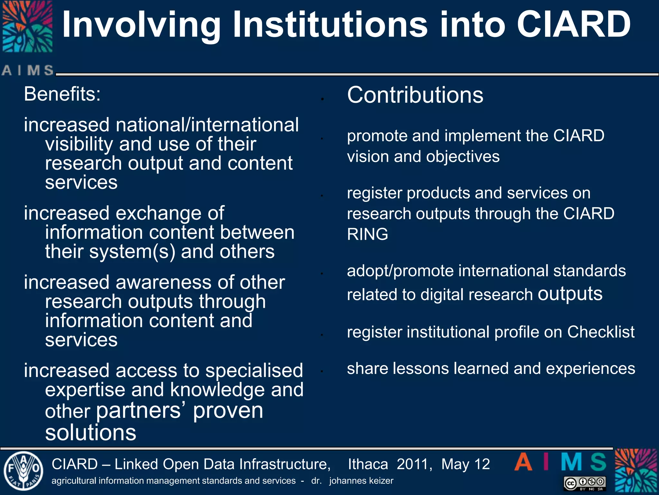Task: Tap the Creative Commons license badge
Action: [585, 483]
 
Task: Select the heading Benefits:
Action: [62, 94]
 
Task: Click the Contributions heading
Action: [415, 95]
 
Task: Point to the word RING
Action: [367, 234]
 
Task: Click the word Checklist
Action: [601, 332]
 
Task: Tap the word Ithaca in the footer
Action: [368, 464]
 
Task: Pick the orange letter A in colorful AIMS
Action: [523, 462]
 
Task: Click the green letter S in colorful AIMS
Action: [598, 462]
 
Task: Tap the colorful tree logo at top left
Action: [27, 26]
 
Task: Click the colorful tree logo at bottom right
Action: [636, 471]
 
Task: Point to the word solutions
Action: [91, 432]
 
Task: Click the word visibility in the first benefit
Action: [79, 144]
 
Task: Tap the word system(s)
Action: [132, 252]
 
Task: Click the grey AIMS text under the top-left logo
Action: [28, 70]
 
